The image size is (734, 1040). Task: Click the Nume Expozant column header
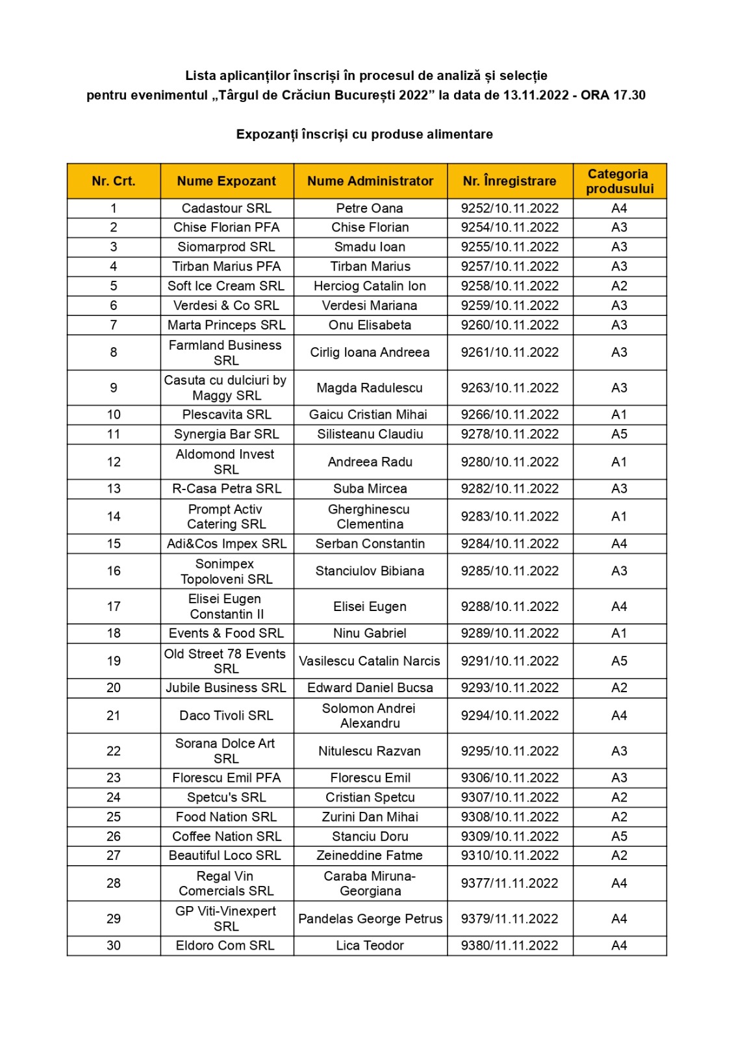pos(226,181)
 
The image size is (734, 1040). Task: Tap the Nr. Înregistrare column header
pos(509,181)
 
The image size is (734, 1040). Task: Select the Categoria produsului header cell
pos(619,181)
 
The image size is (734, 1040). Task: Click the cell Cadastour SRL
pos(226,209)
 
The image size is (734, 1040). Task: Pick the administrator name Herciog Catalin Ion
pos(370,286)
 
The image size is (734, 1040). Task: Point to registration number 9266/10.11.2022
pos(509,415)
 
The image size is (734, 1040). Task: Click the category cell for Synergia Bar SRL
pos(619,434)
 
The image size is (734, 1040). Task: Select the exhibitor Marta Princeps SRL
pos(226,325)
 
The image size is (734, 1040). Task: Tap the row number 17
pos(114,606)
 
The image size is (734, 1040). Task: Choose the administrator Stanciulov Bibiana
pos(370,571)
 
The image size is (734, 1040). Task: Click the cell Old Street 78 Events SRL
pos(226,661)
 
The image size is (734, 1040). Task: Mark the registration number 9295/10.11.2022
pos(509,751)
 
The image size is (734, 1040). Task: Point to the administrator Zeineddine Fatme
pos(370,856)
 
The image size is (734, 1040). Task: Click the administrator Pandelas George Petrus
pos(370,919)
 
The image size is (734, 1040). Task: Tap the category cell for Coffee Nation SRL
pos(619,837)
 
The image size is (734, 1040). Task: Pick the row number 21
pos(114,716)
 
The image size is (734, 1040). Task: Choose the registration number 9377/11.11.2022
pos(509,883)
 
